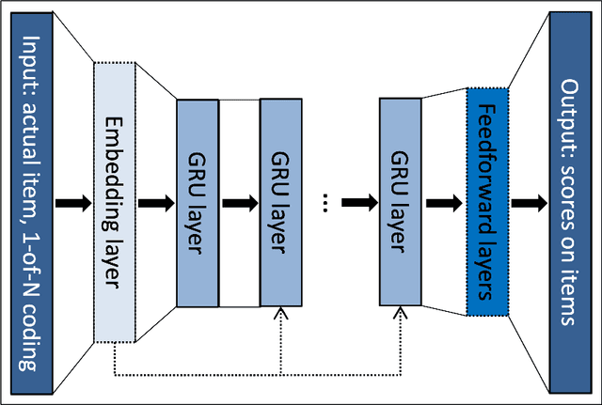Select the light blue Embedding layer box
click(115, 202)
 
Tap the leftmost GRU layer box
click(198, 202)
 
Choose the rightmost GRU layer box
click(400, 202)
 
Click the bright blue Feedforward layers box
click(486, 202)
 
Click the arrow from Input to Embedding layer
click(73, 202)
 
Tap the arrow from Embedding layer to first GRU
click(156, 202)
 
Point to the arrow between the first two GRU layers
click(239, 202)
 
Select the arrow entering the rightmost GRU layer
click(359, 202)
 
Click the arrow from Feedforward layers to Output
click(529, 202)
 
